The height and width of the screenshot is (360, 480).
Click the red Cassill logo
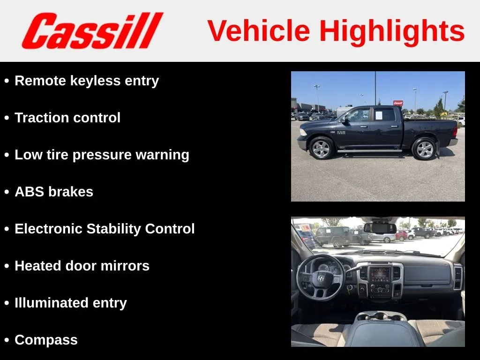tap(92, 30)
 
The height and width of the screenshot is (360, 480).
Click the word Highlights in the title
tap(392, 31)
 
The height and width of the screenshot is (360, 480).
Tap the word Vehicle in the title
tap(259, 30)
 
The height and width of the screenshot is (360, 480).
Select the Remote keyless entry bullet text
tap(87, 81)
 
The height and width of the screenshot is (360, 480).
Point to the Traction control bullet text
tap(67, 118)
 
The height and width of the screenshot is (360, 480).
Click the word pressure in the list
tap(102, 155)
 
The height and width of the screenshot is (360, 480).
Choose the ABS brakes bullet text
tap(54, 192)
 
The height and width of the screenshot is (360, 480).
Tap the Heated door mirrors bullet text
tap(82, 266)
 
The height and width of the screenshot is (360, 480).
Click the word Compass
tap(46, 340)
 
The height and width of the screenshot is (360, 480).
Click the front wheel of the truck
tap(321, 148)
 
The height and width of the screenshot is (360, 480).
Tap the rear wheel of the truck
tap(424, 149)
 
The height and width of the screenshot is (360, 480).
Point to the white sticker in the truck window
tap(379, 115)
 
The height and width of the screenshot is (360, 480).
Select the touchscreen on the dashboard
tap(380, 275)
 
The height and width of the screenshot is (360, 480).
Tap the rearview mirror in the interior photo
tap(380, 228)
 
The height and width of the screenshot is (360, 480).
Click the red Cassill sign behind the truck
tap(398, 103)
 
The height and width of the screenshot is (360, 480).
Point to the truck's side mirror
tap(344, 120)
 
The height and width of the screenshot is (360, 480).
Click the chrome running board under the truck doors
tap(369, 151)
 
